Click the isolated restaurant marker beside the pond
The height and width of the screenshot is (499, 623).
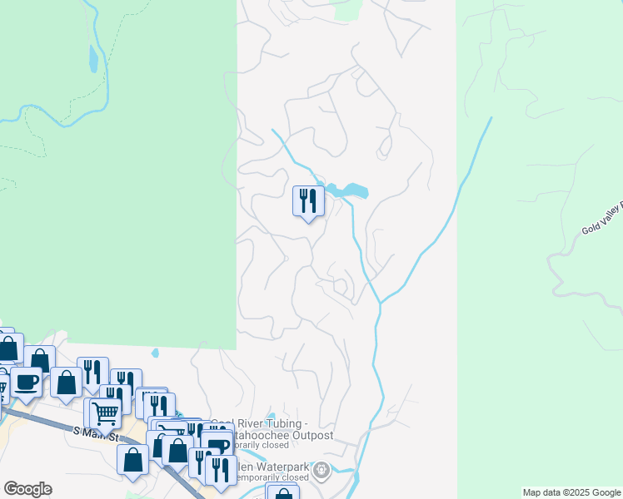(308, 201)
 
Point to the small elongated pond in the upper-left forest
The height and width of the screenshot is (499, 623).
(92, 58)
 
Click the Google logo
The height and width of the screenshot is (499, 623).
(27, 489)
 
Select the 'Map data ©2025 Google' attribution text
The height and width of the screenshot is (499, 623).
(571, 492)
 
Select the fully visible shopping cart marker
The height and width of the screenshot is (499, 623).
(105, 413)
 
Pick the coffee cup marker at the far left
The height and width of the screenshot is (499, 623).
(26, 383)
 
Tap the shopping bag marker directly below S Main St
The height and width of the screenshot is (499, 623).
(133, 460)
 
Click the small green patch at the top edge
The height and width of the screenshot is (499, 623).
(346, 9)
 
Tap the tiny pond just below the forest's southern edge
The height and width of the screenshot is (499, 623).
(155, 353)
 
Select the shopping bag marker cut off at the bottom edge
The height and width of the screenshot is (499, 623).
(283, 493)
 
